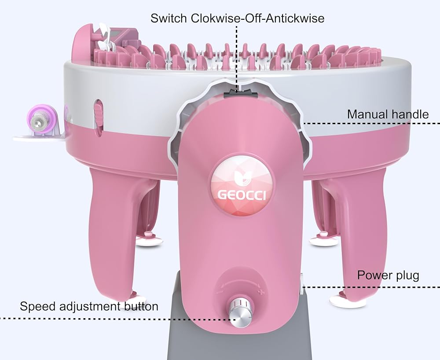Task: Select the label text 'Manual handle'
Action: [x=388, y=114]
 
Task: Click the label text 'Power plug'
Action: [x=388, y=276]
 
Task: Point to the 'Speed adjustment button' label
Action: [x=89, y=306]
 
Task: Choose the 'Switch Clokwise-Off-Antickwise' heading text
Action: [x=237, y=18]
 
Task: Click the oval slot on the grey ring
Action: [x=99, y=114]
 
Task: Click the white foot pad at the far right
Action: [x=348, y=301]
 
